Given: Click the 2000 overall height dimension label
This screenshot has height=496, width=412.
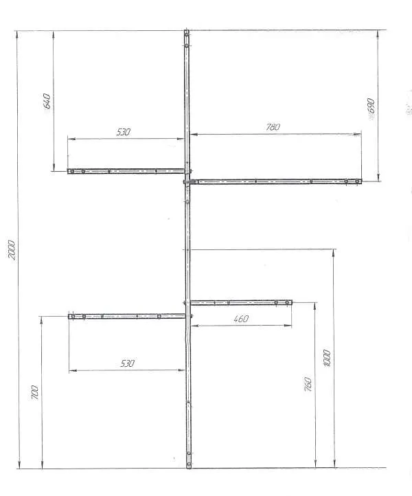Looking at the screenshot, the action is (x=12, y=250).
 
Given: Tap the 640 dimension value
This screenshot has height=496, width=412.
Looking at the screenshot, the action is (x=47, y=101).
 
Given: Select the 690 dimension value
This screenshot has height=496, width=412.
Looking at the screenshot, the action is (x=371, y=106).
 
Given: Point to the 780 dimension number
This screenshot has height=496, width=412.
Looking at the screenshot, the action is (x=273, y=127).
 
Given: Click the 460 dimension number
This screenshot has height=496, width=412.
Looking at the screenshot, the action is (x=241, y=319).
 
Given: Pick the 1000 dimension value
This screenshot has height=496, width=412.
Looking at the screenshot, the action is (x=327, y=358).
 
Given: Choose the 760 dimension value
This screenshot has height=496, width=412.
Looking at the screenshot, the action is (x=308, y=384).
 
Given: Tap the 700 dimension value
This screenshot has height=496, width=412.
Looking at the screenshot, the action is (x=35, y=392).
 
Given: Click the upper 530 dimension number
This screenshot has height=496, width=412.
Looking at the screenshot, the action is (x=123, y=132).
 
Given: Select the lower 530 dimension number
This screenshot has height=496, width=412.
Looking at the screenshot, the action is (x=127, y=363).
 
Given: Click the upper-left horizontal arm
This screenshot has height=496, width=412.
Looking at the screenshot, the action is (x=126, y=171).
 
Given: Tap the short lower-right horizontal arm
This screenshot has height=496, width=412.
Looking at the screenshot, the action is (x=241, y=302).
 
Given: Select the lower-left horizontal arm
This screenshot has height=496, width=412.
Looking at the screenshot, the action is (x=127, y=316).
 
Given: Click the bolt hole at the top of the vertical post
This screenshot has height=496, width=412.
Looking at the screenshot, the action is (x=187, y=32).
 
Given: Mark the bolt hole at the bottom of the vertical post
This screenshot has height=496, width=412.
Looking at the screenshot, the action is (x=189, y=464).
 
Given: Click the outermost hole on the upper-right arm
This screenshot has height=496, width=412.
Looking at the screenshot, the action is (x=357, y=181).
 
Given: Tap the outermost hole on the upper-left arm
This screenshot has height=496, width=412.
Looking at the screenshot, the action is (x=72, y=171).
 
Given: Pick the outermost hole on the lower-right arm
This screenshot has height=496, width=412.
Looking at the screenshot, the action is (x=287, y=302).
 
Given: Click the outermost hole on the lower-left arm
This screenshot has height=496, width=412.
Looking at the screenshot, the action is (x=73, y=316).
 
